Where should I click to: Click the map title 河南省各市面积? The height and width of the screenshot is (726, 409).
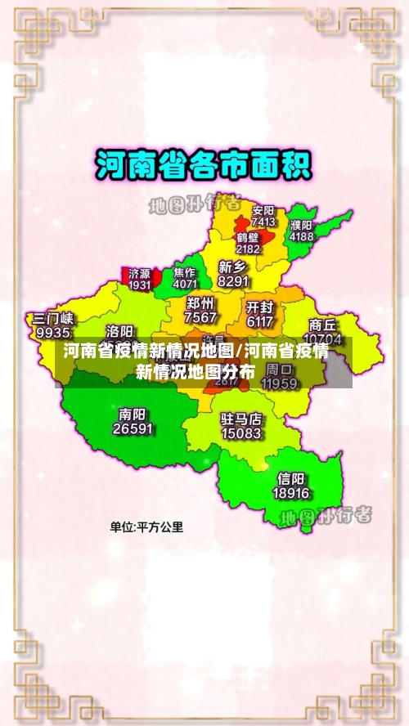[x=204, y=166]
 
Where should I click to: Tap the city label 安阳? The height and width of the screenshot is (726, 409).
[x=263, y=210]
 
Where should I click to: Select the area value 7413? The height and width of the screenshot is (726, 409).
[x=263, y=222]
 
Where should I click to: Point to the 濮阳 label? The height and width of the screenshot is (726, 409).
[x=301, y=225]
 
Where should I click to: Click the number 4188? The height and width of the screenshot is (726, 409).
[x=301, y=236]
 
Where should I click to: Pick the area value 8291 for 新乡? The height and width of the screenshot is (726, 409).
[x=233, y=280]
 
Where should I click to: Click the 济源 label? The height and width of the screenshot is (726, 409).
[x=140, y=274]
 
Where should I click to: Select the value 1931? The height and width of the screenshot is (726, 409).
[x=140, y=285]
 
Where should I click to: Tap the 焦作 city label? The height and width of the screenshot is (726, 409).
[x=185, y=272]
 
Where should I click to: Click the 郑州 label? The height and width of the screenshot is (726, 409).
[x=200, y=303]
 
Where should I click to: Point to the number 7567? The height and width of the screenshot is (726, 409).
[x=200, y=317]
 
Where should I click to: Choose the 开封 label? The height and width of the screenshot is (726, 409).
[x=259, y=307]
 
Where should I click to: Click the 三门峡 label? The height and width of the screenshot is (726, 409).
[x=53, y=319]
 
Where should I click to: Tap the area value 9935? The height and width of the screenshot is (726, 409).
[x=53, y=333]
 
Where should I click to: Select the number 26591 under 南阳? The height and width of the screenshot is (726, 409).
[x=133, y=428]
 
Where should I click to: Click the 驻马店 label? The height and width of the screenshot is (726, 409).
[x=241, y=419]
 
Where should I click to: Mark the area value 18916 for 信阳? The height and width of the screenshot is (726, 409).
[x=291, y=493]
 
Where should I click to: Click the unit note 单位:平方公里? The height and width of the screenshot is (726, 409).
[x=147, y=527]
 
